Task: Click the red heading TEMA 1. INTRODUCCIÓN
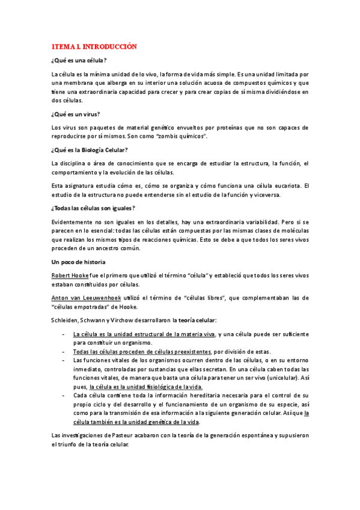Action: pyautogui.click(x=94, y=46)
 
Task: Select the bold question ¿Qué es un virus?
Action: pyautogui.click(x=76, y=114)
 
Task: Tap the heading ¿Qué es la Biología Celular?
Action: pyautogui.click(x=90, y=150)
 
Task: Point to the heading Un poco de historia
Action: pyautogui.click(x=79, y=262)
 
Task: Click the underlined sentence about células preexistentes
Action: pyautogui.click(x=142, y=351)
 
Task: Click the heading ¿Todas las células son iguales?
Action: pyautogui.click(x=93, y=208)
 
